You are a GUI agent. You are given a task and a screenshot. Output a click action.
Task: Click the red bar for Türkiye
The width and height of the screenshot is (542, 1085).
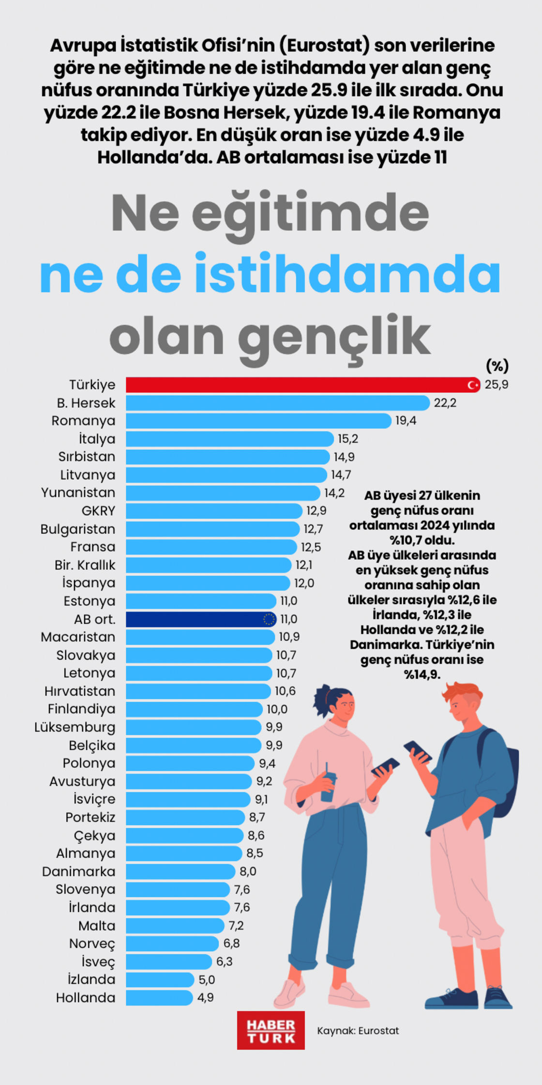tap(290, 385)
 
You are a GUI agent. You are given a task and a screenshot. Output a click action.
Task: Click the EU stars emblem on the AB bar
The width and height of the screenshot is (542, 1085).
tap(269, 619)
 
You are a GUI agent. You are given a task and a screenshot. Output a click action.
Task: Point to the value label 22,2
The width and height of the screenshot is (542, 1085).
tap(445, 403)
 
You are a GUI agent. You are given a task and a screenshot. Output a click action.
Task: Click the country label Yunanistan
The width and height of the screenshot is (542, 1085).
tap(78, 493)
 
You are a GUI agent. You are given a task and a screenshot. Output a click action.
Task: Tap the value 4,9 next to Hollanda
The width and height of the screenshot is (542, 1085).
tap(205, 997)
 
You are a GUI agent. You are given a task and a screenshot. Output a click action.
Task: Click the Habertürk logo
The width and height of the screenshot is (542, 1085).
tap(271, 1031)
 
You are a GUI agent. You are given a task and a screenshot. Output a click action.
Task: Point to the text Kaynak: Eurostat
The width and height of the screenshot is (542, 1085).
tap(358, 1031)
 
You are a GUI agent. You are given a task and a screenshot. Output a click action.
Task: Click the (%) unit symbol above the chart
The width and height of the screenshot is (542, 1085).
tap(497, 366)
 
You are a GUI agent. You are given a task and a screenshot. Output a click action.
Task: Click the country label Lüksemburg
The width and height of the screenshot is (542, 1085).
tap(75, 727)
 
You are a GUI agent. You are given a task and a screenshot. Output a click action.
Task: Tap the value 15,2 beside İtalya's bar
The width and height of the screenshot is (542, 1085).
tap(347, 439)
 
